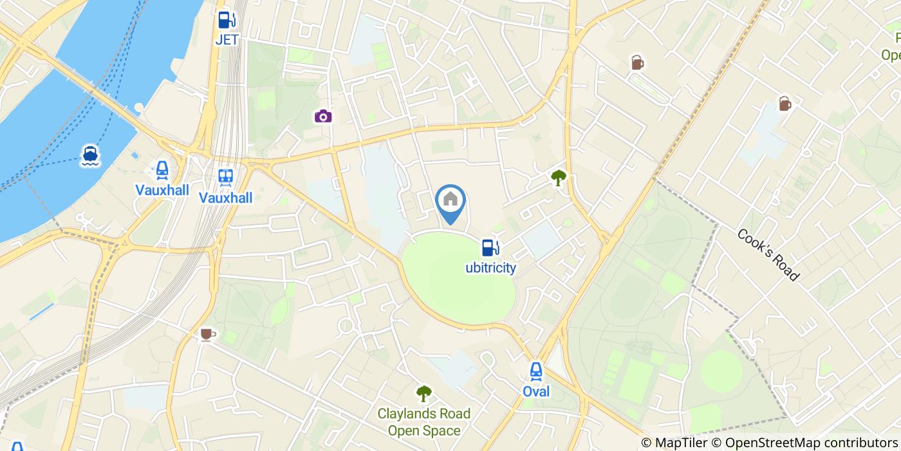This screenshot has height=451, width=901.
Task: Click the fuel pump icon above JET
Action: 226,21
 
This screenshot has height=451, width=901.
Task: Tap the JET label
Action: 227,40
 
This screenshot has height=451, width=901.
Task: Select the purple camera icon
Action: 323,116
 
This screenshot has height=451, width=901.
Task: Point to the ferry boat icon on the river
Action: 90,155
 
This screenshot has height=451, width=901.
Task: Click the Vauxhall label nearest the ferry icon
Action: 162,190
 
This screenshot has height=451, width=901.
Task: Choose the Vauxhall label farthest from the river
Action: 225,197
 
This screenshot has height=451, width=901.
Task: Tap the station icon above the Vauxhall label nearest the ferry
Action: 162,171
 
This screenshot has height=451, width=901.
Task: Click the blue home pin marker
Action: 450,201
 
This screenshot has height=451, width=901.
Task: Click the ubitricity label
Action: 490,267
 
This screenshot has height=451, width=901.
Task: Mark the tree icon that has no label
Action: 559,178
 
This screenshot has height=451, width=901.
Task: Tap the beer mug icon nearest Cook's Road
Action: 785,104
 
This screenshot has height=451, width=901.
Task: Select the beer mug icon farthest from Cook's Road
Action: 637,62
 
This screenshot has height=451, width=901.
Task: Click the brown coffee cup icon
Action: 206,334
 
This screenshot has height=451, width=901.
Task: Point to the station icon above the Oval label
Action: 535,371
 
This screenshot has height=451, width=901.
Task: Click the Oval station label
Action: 535,391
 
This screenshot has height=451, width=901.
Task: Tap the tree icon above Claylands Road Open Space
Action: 423,393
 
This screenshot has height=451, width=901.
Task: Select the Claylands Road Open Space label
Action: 423,422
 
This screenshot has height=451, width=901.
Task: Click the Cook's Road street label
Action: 768,255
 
